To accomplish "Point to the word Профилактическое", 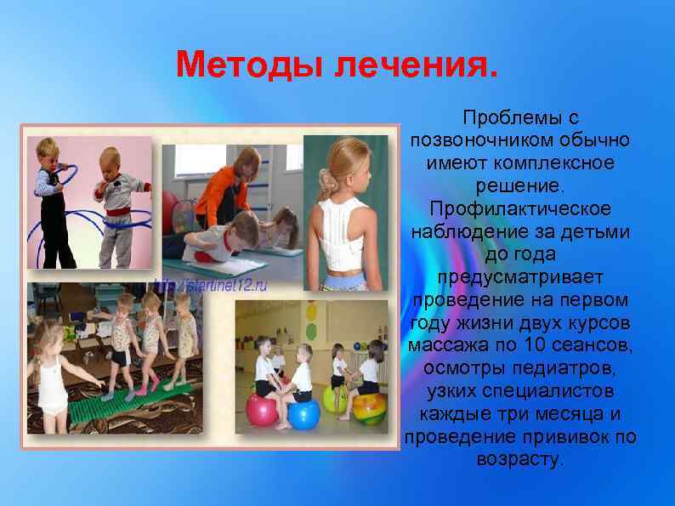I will [520, 208].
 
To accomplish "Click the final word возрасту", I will [520, 461].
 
